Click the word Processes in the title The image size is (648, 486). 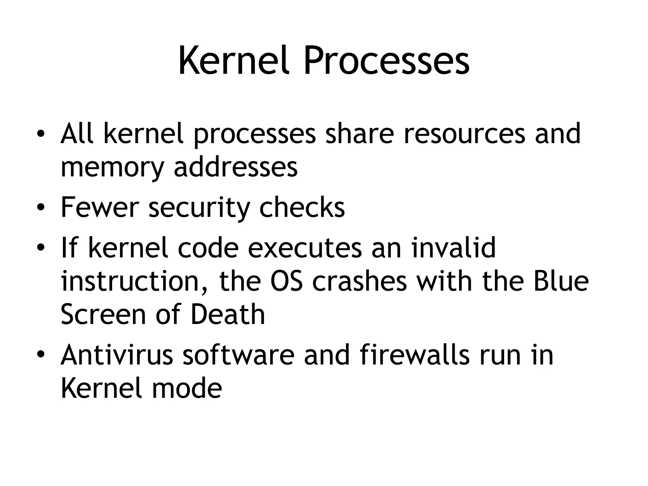pyautogui.click(x=386, y=61)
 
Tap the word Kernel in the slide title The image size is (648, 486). pyautogui.click(x=234, y=61)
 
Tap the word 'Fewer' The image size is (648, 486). pyautogui.click(x=100, y=208)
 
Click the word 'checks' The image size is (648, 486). pyautogui.click(x=302, y=208)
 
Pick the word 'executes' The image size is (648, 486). pyautogui.click(x=305, y=249)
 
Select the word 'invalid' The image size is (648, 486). pyautogui.click(x=454, y=248)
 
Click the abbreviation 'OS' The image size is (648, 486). pyautogui.click(x=286, y=281)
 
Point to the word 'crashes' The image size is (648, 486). pyautogui.click(x=359, y=281)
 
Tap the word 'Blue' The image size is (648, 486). pyautogui.click(x=561, y=281)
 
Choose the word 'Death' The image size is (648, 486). pyautogui.click(x=228, y=315)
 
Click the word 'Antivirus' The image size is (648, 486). pyautogui.click(x=117, y=355)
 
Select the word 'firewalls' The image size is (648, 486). pyautogui.click(x=414, y=355)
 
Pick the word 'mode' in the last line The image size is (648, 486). pyautogui.click(x=187, y=389)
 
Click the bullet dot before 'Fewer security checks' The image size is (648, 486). pyautogui.click(x=40, y=208)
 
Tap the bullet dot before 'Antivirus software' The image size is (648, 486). pyautogui.click(x=40, y=356)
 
